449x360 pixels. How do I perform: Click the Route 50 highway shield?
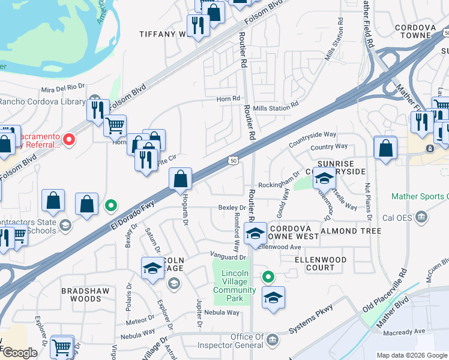click(233, 160)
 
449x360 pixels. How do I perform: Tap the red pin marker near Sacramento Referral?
click(69, 140)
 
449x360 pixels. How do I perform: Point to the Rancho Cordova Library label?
click(42, 101)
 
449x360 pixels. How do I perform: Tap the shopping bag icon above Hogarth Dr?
click(181, 179)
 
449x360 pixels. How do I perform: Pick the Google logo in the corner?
click(19, 352)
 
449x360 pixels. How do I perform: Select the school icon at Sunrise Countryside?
click(324, 179)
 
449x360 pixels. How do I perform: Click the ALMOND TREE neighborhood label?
click(351, 231)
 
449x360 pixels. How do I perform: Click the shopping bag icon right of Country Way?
click(385, 148)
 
